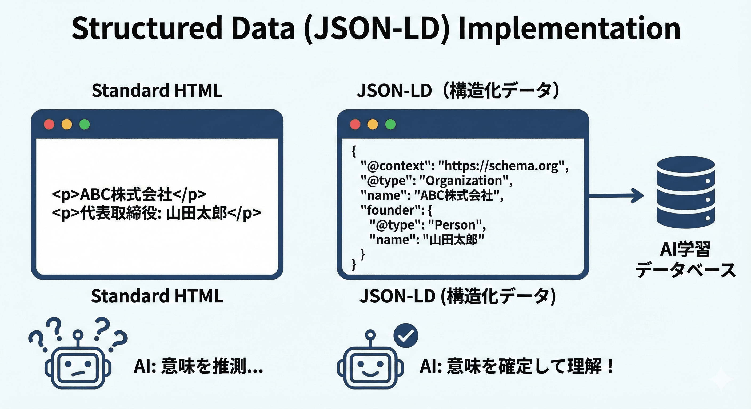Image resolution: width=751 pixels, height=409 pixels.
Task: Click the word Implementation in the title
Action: point(569,29)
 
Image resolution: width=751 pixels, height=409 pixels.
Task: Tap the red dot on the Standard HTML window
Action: point(49,124)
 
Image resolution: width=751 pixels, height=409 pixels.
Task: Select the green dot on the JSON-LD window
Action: point(390,124)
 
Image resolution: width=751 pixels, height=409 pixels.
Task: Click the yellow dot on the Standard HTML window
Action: point(67,124)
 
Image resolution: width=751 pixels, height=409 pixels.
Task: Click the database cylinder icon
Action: point(686,192)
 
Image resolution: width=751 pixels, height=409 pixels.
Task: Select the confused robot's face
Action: point(78,368)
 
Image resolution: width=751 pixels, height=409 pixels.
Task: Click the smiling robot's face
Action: point(370,368)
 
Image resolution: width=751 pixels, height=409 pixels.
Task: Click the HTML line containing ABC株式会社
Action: point(129,194)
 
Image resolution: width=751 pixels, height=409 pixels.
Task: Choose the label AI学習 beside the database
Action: point(685,250)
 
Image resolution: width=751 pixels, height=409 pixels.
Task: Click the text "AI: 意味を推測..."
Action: point(198,366)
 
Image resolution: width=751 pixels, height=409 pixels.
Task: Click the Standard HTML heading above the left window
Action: point(157,90)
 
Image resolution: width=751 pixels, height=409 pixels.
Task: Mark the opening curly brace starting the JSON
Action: point(354,151)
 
